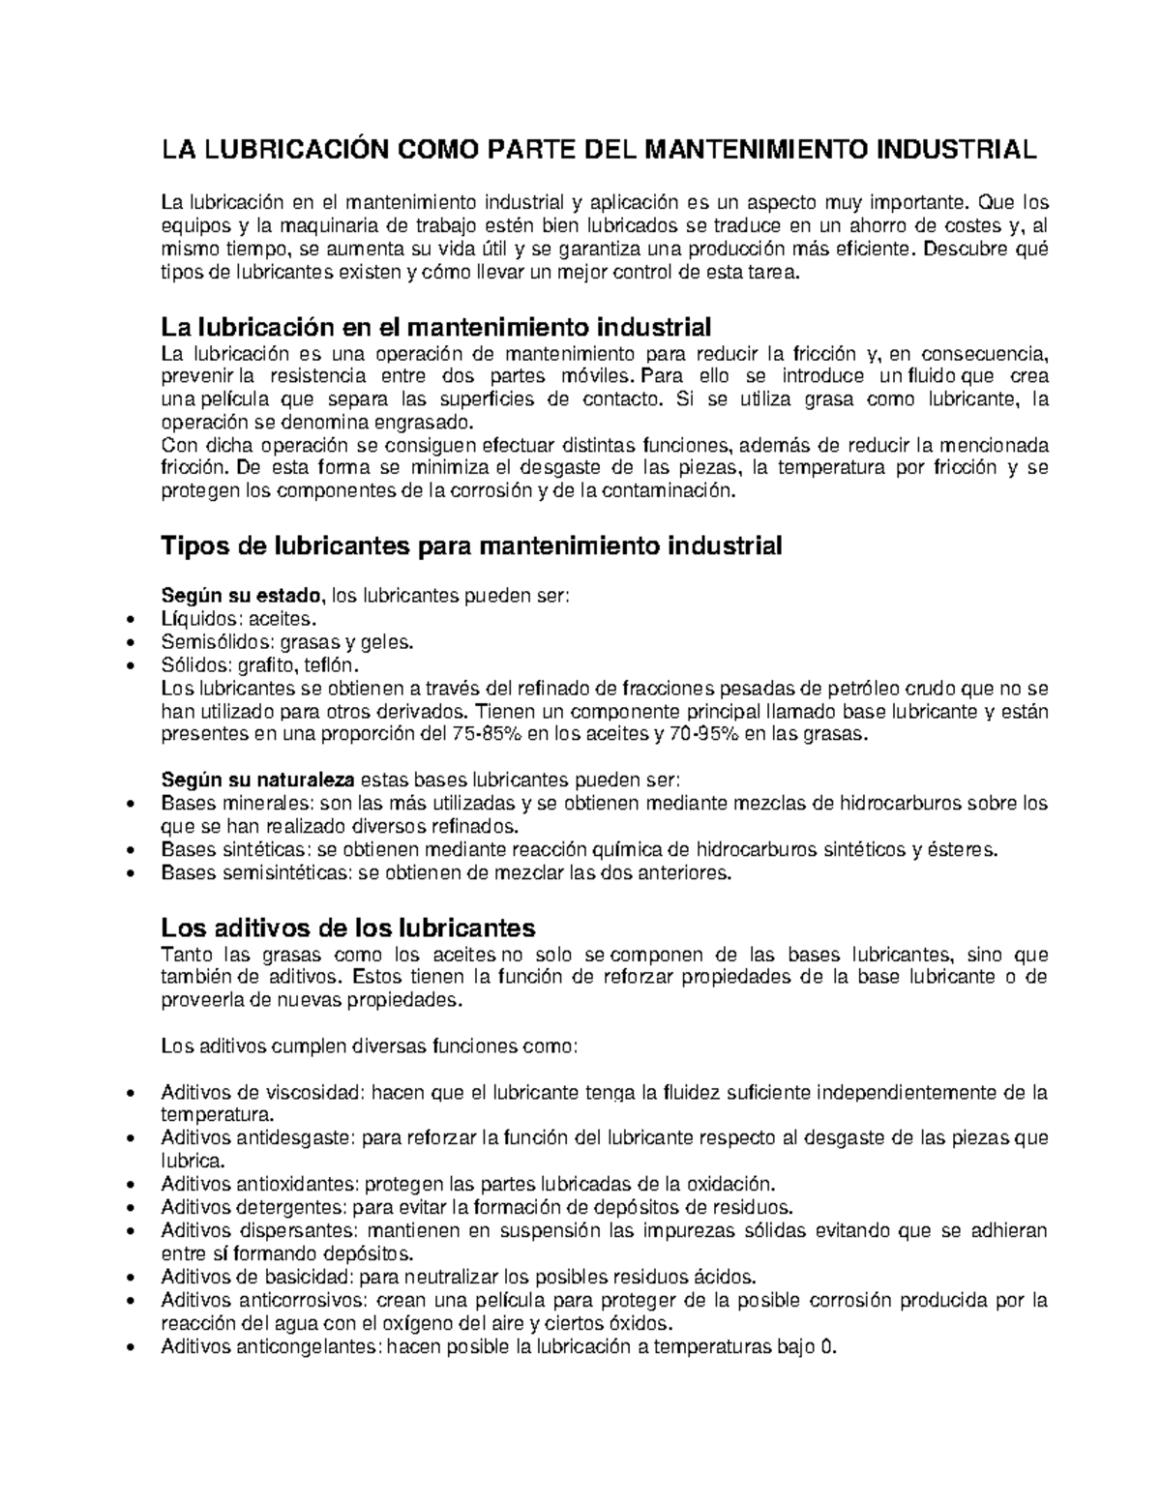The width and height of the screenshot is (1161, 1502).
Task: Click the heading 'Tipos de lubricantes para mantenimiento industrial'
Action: click(470, 546)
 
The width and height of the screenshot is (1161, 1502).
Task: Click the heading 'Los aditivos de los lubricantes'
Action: click(347, 928)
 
